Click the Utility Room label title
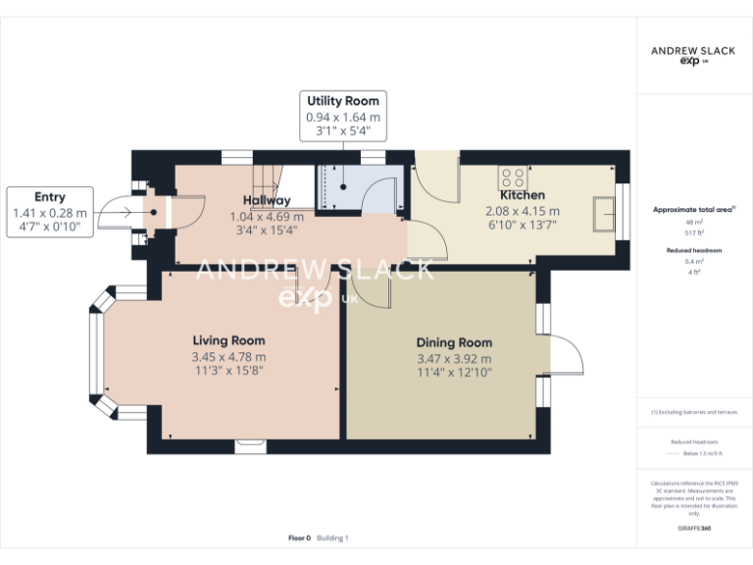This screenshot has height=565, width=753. pyautogui.click(x=342, y=101)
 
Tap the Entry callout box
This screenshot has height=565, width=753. pyautogui.click(x=49, y=212)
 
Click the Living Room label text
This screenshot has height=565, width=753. pyautogui.click(x=228, y=340)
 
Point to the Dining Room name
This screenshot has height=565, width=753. pyautogui.click(x=454, y=342)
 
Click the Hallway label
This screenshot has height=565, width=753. pyautogui.click(x=267, y=201)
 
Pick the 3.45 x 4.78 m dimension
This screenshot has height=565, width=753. pyautogui.click(x=228, y=356)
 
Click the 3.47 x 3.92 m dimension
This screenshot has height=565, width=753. pyautogui.click(x=454, y=358)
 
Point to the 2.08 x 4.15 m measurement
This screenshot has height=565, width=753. pyautogui.click(x=523, y=211)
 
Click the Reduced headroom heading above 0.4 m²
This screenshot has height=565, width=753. pyautogui.click(x=693, y=251)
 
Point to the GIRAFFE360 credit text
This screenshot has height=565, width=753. pyautogui.click(x=693, y=529)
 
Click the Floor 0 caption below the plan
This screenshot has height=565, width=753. pyautogui.click(x=299, y=538)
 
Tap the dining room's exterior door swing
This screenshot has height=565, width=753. pyautogui.click(x=565, y=355)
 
